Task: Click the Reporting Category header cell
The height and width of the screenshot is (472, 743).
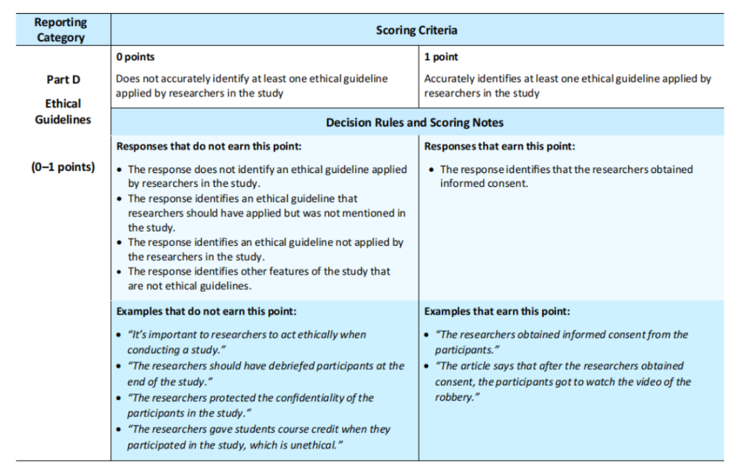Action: coord(61,30)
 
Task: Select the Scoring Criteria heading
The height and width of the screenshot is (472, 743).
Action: coord(416,30)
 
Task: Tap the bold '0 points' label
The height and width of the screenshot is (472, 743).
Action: coord(136,57)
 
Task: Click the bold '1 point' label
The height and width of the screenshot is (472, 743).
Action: coord(441,57)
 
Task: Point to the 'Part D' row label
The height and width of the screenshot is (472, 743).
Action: coord(63,80)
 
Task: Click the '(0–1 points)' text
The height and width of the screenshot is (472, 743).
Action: coord(63,167)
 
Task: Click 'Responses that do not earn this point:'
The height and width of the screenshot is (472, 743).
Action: coord(208,146)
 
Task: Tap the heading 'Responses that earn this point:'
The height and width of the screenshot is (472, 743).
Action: coord(499,146)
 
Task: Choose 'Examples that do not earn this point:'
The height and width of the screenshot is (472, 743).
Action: coord(206,311)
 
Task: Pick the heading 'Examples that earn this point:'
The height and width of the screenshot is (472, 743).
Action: coord(497,311)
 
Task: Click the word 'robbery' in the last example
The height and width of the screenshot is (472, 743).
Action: coord(453,398)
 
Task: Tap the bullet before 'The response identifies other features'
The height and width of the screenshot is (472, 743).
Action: coord(120,272)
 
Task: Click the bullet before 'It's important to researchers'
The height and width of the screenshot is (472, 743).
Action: coord(120,335)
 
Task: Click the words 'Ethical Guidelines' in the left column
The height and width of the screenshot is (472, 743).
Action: coord(63,111)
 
